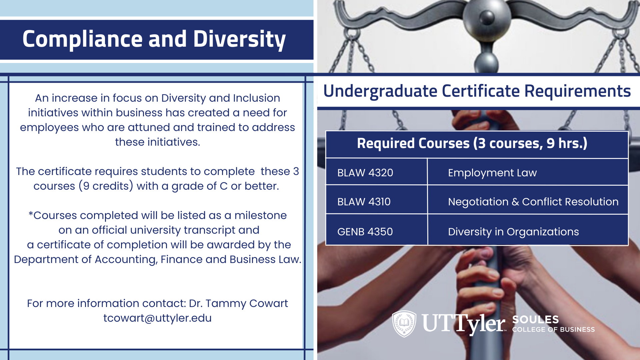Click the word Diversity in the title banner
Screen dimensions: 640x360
239,39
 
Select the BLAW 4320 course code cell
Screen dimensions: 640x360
376,172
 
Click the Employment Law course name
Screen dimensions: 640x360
492,173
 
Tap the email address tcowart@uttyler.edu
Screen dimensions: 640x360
157,318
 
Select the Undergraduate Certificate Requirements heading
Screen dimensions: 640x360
477,91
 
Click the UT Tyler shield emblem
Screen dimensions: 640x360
404,324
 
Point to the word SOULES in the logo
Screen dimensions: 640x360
535,319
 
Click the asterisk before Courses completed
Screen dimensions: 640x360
31,214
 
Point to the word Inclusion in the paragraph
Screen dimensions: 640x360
256,98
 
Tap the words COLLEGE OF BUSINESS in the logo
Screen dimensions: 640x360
553,329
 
